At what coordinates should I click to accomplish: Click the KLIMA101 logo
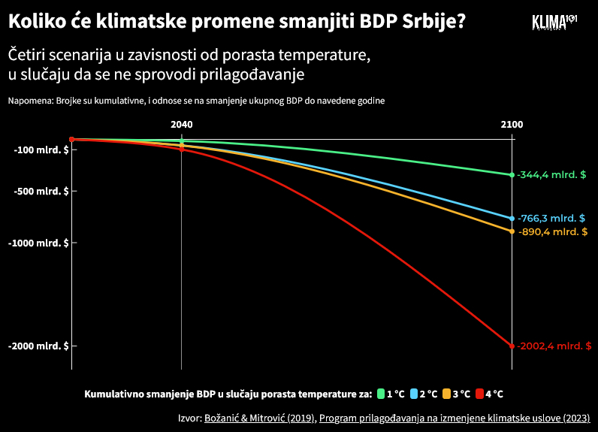click(554, 22)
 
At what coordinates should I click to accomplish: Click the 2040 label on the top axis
click(182, 125)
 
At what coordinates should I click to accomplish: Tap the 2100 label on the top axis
click(512, 125)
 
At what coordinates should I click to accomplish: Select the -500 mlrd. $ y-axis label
click(41, 191)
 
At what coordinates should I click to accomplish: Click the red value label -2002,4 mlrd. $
click(554, 346)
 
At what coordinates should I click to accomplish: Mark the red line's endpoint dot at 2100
click(512, 346)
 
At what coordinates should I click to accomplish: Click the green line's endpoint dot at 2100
click(512, 174)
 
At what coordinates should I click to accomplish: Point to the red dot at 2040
click(182, 149)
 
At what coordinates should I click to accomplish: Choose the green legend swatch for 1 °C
click(382, 394)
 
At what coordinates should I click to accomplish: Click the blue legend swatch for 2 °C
click(414, 394)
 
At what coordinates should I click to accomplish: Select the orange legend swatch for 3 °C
click(446, 394)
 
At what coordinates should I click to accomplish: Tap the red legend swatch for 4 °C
click(479, 394)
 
